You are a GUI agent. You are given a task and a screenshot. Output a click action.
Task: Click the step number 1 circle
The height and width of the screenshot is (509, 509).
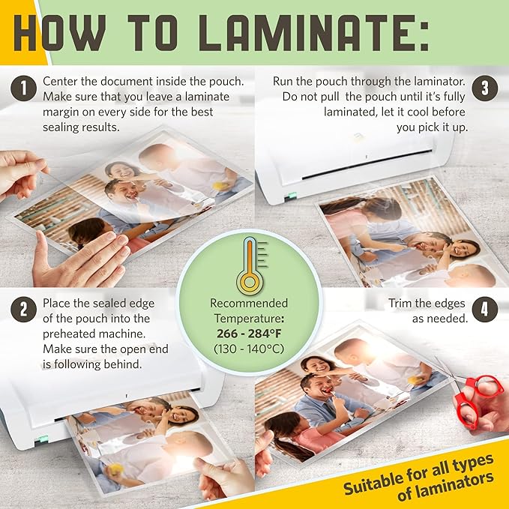(24, 90)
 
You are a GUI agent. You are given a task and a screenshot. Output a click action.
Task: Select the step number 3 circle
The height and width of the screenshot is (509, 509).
(484, 88)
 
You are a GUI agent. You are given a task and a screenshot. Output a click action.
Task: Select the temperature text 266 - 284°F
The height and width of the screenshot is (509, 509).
(249, 333)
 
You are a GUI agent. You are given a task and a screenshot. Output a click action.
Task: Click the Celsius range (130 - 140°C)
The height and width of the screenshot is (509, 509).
(249, 349)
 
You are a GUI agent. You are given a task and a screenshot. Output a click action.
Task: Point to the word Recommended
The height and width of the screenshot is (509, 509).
(249, 303)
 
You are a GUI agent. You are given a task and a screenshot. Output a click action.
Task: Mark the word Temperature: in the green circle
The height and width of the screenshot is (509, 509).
(249, 318)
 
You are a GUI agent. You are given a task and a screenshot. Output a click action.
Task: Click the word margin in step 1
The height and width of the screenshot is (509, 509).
(64, 112)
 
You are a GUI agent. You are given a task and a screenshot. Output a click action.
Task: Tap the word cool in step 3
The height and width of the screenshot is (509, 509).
(396, 112)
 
